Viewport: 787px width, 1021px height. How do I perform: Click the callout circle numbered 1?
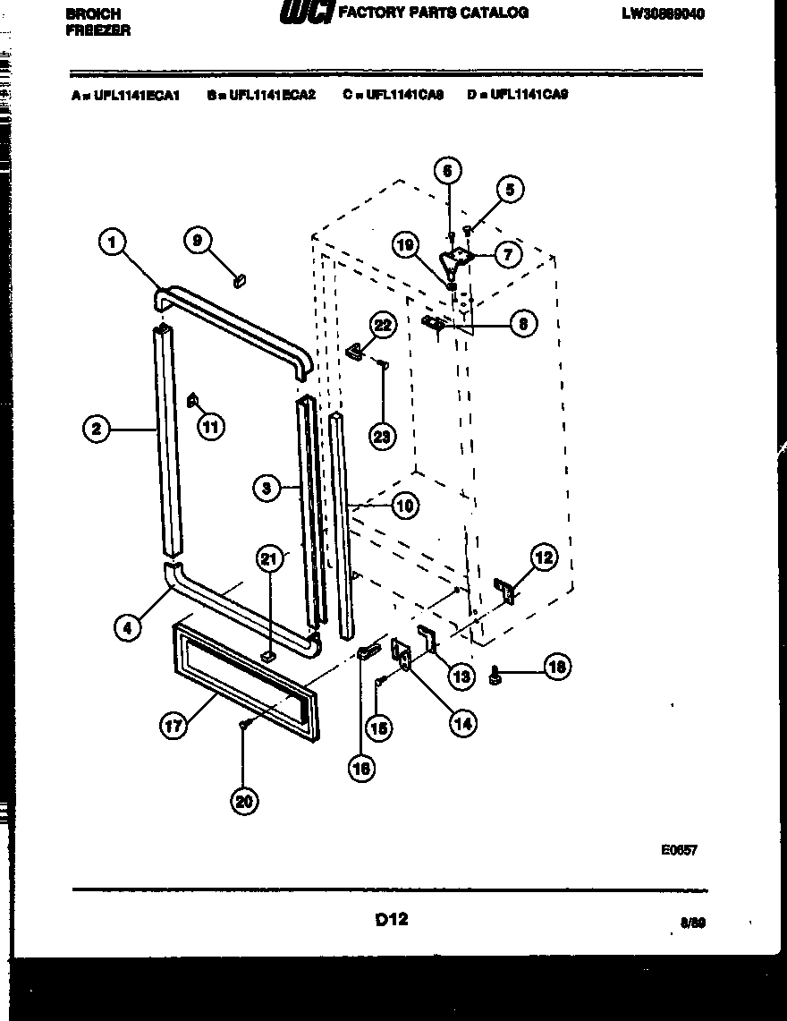112,242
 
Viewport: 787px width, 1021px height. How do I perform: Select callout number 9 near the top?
199,239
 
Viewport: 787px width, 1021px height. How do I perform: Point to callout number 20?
243,801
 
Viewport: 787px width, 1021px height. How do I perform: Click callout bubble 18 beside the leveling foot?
557,667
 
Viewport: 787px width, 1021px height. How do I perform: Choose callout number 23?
383,436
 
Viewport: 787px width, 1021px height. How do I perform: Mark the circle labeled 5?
510,189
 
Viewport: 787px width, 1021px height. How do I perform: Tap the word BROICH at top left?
93,14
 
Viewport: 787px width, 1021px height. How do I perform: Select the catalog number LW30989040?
661,14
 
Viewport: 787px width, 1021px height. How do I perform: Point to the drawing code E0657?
679,850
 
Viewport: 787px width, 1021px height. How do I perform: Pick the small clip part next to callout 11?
191,401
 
